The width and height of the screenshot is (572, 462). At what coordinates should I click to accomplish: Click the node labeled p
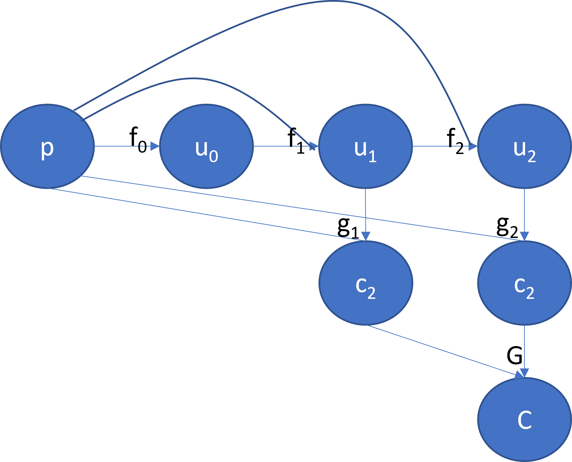pyautogui.click(x=47, y=146)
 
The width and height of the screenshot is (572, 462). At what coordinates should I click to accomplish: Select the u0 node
pyautogui.click(x=206, y=146)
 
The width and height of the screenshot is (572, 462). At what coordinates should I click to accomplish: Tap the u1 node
pyautogui.click(x=365, y=146)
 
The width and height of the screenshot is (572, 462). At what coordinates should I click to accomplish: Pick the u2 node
pyautogui.click(x=524, y=146)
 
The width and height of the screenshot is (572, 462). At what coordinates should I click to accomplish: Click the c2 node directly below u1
pyautogui.click(x=365, y=283)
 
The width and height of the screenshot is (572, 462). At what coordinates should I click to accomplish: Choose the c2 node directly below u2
pyautogui.click(x=524, y=283)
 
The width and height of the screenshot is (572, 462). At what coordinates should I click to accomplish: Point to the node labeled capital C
pyautogui.click(x=524, y=420)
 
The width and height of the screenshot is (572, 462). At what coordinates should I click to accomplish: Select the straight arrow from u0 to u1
pyautogui.click(x=282, y=146)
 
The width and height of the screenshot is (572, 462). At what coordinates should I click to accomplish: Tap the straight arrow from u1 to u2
pyautogui.click(x=442, y=146)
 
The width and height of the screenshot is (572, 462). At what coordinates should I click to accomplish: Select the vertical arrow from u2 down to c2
pyautogui.click(x=524, y=211)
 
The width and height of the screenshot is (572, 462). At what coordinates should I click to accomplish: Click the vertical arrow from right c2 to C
pyautogui.click(x=524, y=350)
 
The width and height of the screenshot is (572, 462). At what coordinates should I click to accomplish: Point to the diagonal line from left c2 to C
pyautogui.click(x=442, y=350)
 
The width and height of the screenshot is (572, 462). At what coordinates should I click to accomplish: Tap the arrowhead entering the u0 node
pyautogui.click(x=155, y=146)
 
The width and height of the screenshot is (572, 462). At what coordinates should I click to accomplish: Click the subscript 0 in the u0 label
pyautogui.click(x=213, y=156)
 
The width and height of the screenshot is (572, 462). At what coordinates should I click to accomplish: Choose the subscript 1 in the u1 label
pyautogui.click(x=372, y=156)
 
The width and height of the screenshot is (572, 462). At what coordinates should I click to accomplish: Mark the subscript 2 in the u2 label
pyautogui.click(x=532, y=156)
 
